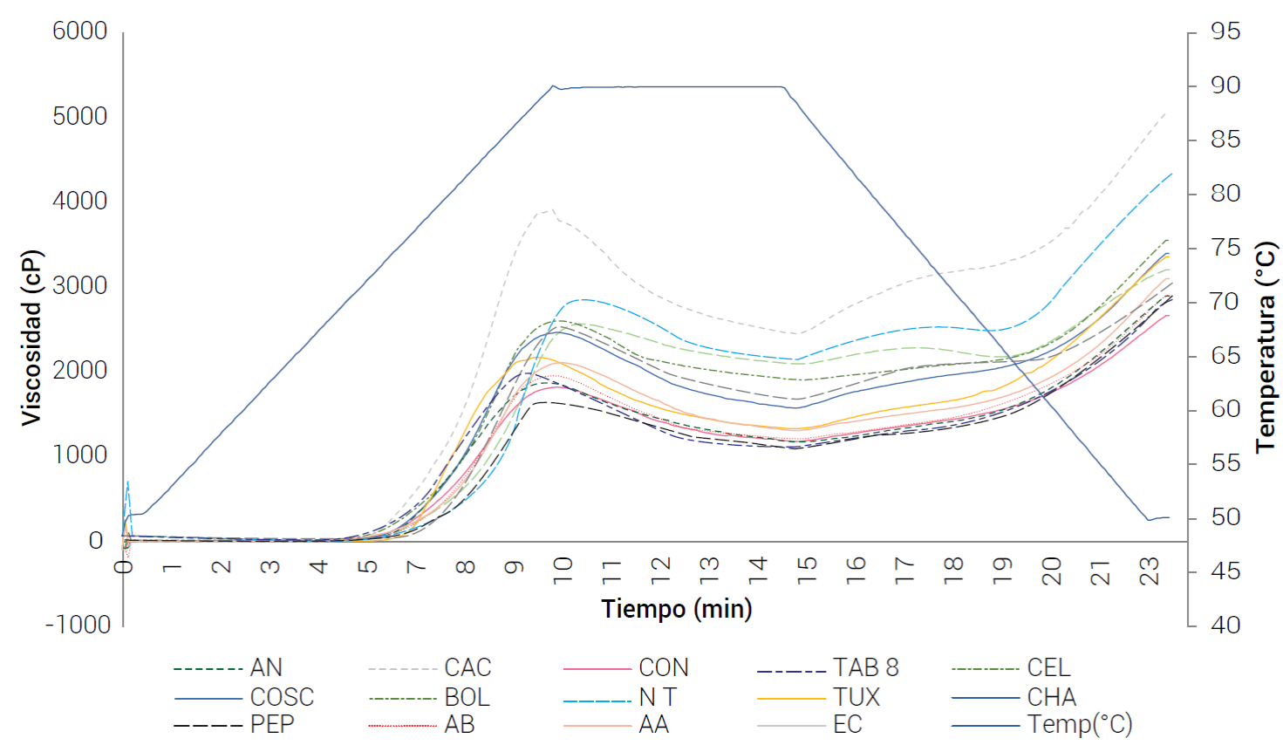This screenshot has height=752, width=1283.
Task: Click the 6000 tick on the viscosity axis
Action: pos(79,31)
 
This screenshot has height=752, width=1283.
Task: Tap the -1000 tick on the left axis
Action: pos(78,625)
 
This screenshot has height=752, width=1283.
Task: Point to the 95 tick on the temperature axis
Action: pos(1225,31)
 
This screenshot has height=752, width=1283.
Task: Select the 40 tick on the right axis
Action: pos(1225,625)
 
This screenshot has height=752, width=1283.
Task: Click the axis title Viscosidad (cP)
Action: pos(31,338)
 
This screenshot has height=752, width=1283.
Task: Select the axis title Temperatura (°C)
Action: pos(1265,347)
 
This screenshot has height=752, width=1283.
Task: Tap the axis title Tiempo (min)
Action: pos(676,608)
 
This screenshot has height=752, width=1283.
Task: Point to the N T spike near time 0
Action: pos(128,482)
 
